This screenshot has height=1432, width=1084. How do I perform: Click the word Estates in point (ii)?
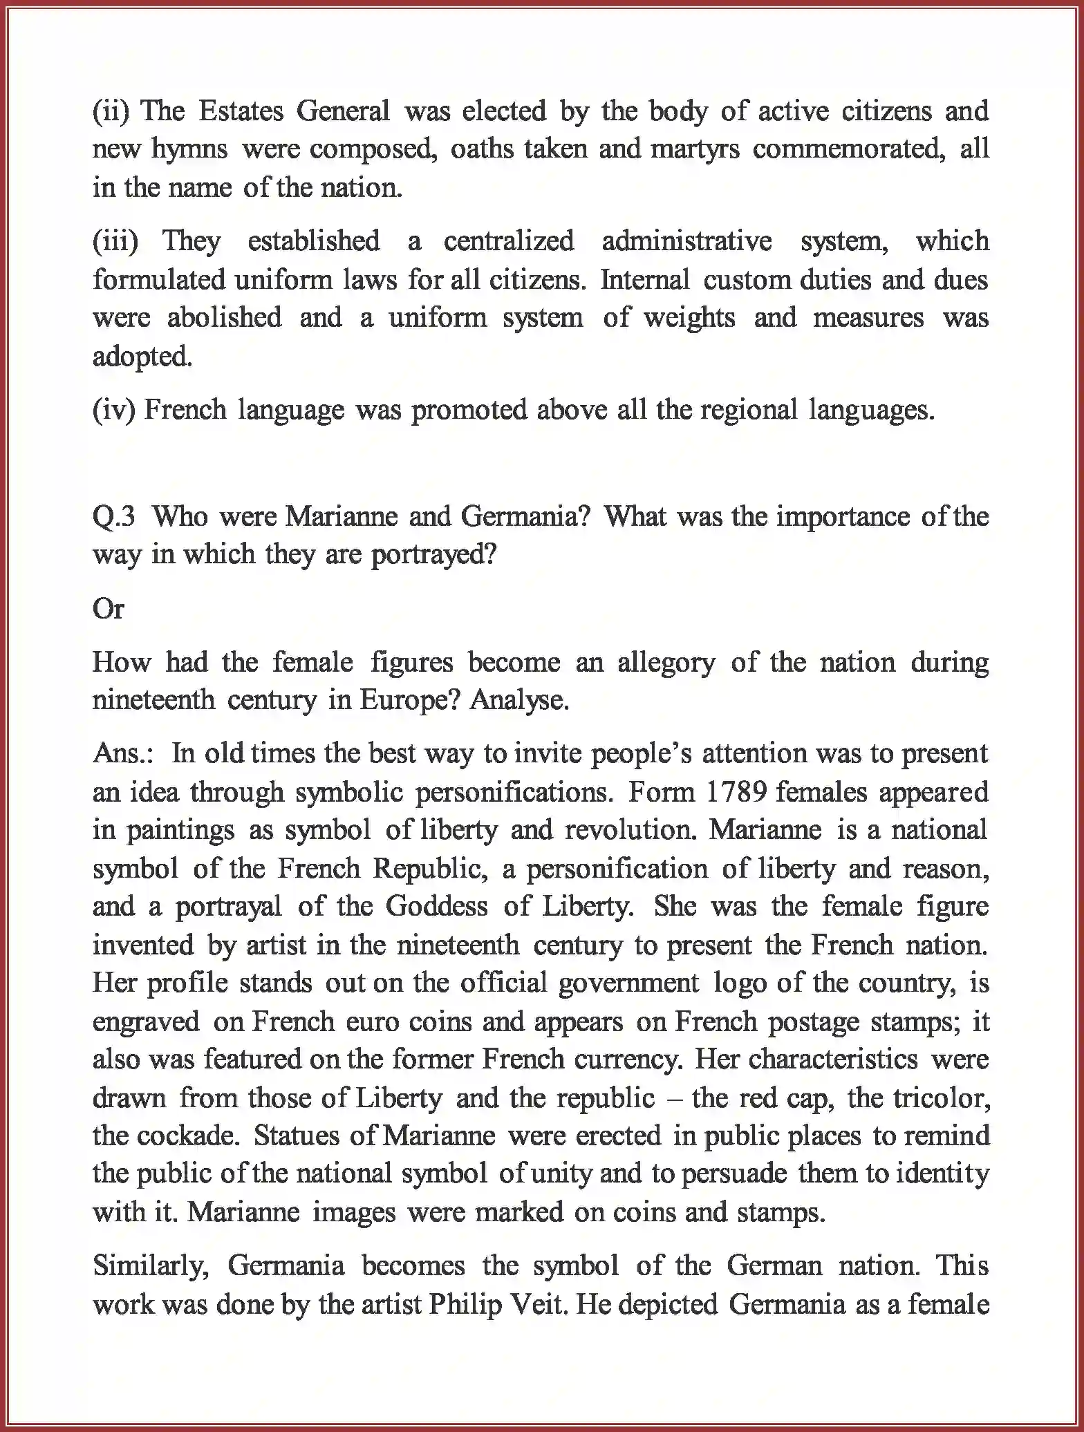(241, 111)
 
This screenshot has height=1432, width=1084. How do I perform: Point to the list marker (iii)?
(115, 241)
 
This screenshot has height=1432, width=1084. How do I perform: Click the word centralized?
(508, 241)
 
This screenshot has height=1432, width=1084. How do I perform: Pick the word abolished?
(224, 318)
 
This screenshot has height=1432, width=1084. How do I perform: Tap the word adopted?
(142, 357)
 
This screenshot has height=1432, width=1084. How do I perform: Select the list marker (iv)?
(115, 410)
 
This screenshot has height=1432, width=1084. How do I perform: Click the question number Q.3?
(113, 517)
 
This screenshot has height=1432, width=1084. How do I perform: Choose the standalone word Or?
(108, 609)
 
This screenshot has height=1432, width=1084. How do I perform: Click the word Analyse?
(519, 701)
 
